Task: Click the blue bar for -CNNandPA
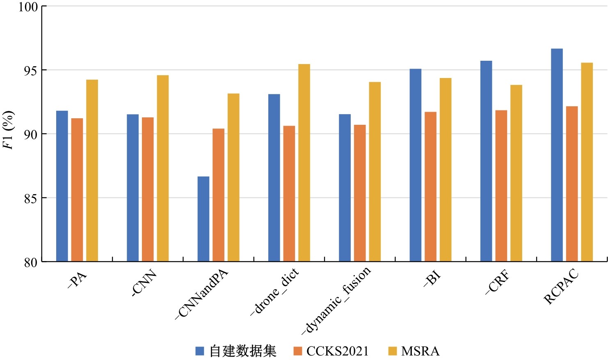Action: coord(203,219)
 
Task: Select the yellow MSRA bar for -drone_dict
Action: coord(304,163)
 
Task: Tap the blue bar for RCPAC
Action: coord(557,155)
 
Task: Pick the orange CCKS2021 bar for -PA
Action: coord(77,190)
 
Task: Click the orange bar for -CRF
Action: coord(501,186)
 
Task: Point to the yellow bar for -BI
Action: coord(446,170)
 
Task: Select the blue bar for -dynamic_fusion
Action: coord(345,188)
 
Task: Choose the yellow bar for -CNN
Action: coord(162,168)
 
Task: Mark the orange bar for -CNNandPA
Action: coord(219,195)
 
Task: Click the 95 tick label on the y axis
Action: coord(31,70)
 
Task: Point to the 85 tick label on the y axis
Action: coord(31,198)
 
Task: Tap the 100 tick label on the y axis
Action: coord(28,7)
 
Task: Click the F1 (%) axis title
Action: coord(8,130)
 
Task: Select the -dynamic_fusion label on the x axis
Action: coord(336,300)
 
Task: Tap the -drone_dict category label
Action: coord(274,291)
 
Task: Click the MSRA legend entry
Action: coord(414,351)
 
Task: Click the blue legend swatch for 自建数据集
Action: coord(200,351)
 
